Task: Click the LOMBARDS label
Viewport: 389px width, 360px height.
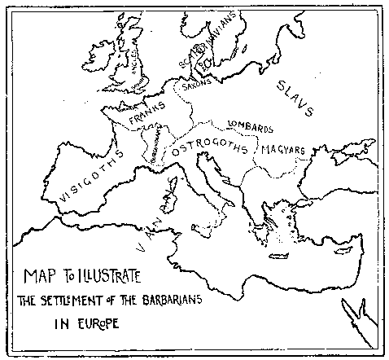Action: [x=249, y=126]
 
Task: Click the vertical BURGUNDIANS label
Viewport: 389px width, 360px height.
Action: [x=153, y=147]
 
